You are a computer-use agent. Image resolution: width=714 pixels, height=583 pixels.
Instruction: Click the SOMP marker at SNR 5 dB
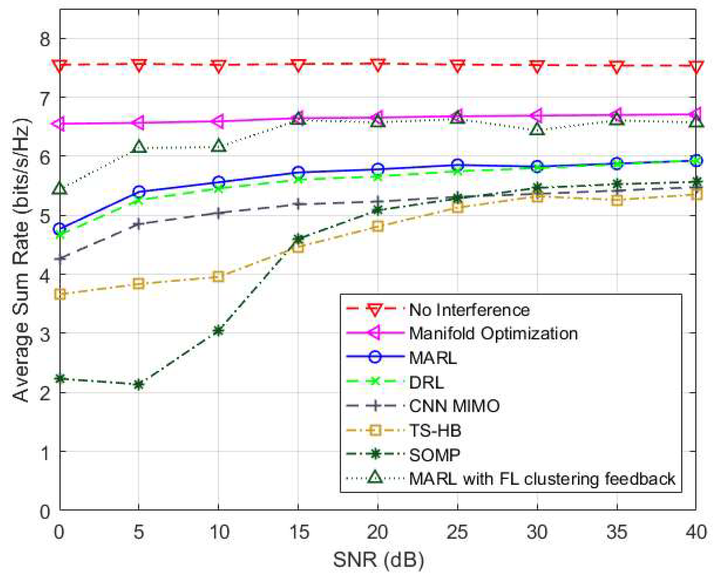(139, 384)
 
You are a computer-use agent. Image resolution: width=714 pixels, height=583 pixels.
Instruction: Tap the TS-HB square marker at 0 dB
(60, 294)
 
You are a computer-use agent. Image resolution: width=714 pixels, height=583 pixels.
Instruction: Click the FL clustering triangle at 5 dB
(139, 147)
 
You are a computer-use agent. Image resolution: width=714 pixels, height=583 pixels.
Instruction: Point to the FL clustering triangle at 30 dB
(537, 130)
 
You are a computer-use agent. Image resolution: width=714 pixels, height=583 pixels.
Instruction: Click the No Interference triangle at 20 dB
(378, 65)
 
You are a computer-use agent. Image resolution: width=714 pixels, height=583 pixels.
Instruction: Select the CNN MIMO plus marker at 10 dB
(218, 213)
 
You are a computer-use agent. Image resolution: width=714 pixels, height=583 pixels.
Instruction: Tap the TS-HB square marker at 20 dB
(378, 226)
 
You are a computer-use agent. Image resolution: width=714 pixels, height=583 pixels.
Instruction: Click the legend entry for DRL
(426, 382)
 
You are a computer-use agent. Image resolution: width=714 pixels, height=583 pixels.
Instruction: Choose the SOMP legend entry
(434, 455)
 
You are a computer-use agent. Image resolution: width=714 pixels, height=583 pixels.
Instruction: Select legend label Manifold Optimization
(493, 333)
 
